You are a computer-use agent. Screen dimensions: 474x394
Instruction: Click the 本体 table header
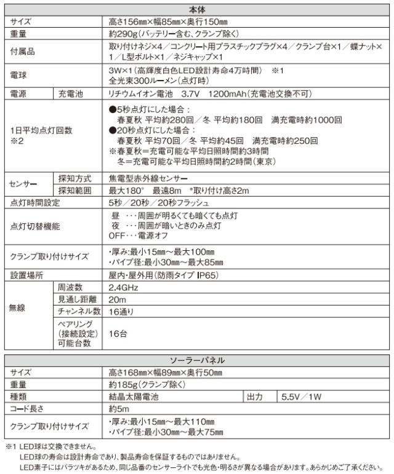(x=197, y=10)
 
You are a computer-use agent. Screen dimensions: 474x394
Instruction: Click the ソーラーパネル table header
(x=197, y=361)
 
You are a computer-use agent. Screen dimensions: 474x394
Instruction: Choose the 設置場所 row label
(x=27, y=275)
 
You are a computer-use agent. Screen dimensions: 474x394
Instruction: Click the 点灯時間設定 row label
(x=35, y=202)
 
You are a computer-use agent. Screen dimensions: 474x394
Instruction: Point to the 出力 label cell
(x=255, y=397)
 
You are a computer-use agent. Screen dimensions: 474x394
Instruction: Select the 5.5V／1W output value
(x=302, y=397)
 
